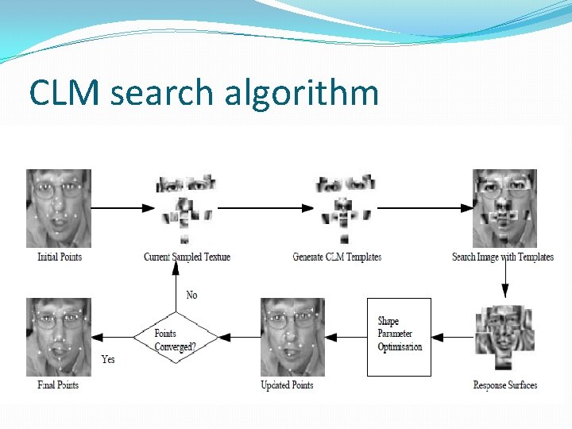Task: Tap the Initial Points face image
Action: pyautogui.click(x=59, y=207)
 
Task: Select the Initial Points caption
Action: pyautogui.click(x=60, y=257)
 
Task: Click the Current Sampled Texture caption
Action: pyautogui.click(x=187, y=257)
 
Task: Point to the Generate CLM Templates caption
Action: pyautogui.click(x=337, y=257)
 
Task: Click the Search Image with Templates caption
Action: pyautogui.click(x=502, y=257)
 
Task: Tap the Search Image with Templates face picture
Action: pyautogui.click(x=504, y=207)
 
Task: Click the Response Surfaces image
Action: pyautogui.click(x=504, y=337)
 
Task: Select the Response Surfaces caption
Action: pyautogui.click(x=504, y=385)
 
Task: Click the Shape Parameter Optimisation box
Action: pyautogui.click(x=399, y=336)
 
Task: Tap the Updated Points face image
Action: pyautogui.click(x=292, y=336)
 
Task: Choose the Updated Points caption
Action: pyautogui.click(x=287, y=385)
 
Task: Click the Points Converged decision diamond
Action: pyautogui.click(x=176, y=338)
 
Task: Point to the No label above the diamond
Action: pyautogui.click(x=191, y=295)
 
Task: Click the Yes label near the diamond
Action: pyautogui.click(x=108, y=359)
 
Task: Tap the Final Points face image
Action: pyautogui.click(x=59, y=336)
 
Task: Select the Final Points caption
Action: pyautogui.click(x=58, y=385)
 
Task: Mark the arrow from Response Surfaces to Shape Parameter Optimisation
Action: pyautogui.click(x=453, y=337)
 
